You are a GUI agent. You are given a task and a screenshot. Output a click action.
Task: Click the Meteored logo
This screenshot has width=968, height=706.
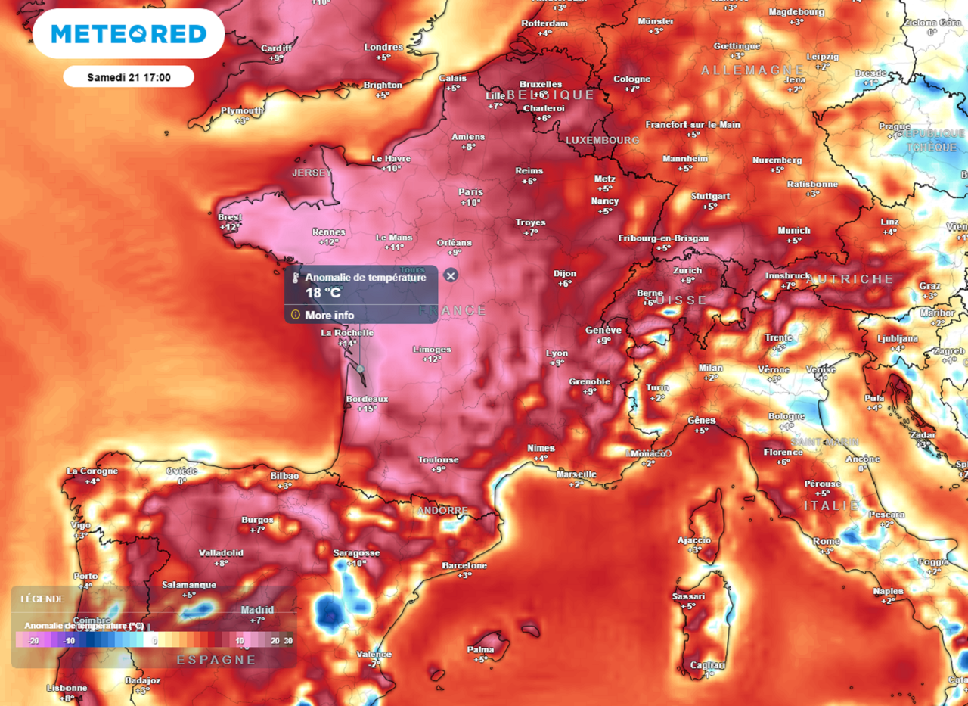point(129,34)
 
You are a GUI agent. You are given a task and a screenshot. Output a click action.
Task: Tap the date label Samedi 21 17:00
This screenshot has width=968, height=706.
point(129,77)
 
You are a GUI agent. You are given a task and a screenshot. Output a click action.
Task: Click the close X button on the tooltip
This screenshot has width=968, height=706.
point(451,275)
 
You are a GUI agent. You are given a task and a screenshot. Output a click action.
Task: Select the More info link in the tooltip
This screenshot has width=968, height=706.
point(329,315)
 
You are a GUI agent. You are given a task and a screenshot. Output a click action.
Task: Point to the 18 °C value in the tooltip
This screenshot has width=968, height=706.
point(322,293)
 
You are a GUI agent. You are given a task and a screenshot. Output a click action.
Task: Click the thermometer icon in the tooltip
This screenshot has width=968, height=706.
point(295,278)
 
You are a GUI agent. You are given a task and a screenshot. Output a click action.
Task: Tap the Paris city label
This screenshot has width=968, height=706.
point(470,192)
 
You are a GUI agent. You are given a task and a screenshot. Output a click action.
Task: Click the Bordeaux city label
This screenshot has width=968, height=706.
point(367,399)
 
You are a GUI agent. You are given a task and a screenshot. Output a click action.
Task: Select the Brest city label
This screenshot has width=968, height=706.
point(230,217)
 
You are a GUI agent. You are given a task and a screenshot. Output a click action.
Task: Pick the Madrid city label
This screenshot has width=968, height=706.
point(257,610)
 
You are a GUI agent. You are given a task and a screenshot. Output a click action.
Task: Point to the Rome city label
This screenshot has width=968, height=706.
point(827,541)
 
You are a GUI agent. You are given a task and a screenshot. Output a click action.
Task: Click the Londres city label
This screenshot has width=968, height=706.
point(383,47)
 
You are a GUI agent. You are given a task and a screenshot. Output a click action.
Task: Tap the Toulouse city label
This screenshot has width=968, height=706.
point(439,459)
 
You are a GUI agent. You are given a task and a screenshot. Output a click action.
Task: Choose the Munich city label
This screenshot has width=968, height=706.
point(794,230)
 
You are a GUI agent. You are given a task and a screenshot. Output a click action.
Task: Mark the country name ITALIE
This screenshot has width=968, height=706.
point(832,505)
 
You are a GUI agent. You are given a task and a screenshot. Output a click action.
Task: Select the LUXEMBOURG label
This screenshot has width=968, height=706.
point(603,140)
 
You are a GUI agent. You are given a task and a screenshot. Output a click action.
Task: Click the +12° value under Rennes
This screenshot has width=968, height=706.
point(329,242)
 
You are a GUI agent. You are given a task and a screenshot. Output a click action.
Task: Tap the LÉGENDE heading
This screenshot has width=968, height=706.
point(42,599)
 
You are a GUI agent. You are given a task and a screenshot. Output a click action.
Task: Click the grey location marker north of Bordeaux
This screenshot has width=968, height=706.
point(361,369)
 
